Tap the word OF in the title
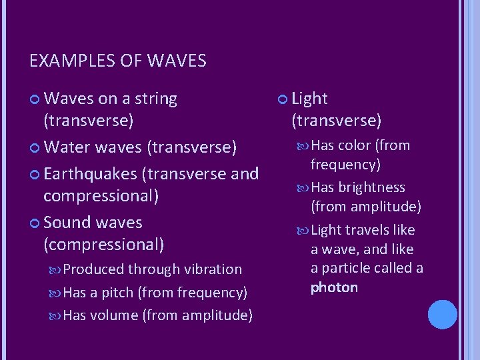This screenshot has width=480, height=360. coord(131,62)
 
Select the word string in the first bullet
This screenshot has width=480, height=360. coord(156,99)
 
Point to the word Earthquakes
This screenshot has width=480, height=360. coord(90,174)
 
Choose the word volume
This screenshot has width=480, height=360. coord(114,315)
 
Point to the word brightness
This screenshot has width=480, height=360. coord(372,187)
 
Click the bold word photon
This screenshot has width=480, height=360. coord(334,287)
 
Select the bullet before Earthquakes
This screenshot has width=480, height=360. coord(35,175)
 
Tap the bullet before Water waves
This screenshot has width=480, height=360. coord(35,147)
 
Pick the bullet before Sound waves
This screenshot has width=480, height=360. coord(35,223)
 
